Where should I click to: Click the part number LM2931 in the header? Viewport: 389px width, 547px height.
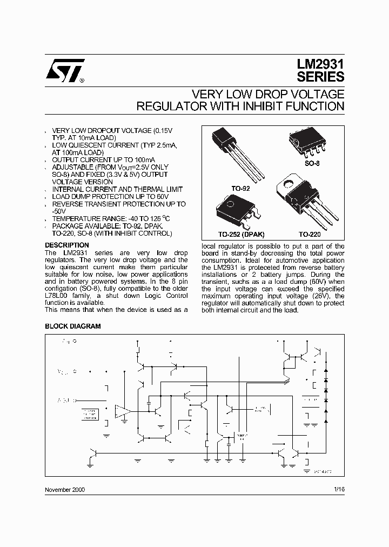point(320,64)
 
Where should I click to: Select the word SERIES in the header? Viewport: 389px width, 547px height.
point(320,77)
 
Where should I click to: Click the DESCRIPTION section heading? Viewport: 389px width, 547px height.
point(66,245)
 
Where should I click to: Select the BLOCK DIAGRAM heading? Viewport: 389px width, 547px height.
point(72,326)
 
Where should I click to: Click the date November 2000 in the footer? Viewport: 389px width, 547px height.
point(64,489)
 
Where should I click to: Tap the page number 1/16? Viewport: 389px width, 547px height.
point(339,489)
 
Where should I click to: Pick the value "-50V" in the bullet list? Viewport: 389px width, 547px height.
point(60,211)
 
